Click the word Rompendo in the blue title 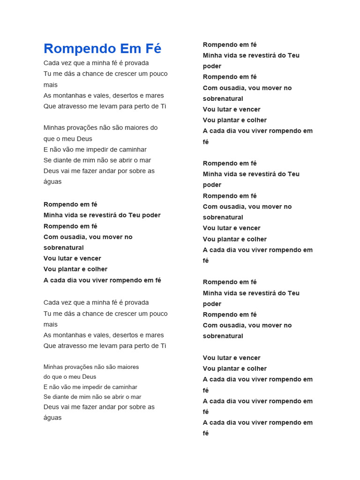tap(80, 49)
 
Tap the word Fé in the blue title tap(152, 49)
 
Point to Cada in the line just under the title tap(52, 63)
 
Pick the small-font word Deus tap(89, 377)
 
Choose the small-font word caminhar tap(121, 387)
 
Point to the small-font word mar tap(136, 397)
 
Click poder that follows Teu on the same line tap(151, 215)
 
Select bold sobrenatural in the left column tap(64, 247)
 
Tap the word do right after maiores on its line tap(154, 127)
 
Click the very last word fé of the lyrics tap(206, 434)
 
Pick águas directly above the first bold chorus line tap(52, 182)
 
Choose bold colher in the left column tap(97, 269)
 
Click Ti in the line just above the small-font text tap(163, 346)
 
